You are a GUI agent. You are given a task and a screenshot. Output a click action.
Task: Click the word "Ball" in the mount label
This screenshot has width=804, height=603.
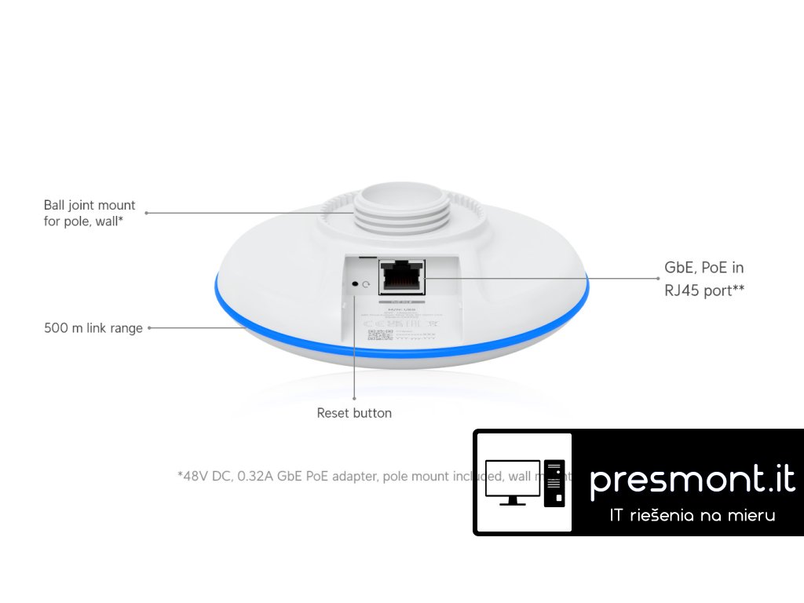55,206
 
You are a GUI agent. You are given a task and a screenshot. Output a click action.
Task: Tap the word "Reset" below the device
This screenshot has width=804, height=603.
333,413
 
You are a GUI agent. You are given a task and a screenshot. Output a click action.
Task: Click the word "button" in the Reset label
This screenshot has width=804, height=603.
372,413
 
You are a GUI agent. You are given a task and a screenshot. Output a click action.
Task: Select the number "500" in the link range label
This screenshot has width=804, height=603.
56,328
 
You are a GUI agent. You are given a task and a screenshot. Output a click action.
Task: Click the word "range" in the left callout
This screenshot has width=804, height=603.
126,328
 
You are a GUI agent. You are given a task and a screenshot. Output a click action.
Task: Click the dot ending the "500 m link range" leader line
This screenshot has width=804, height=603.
149,328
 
